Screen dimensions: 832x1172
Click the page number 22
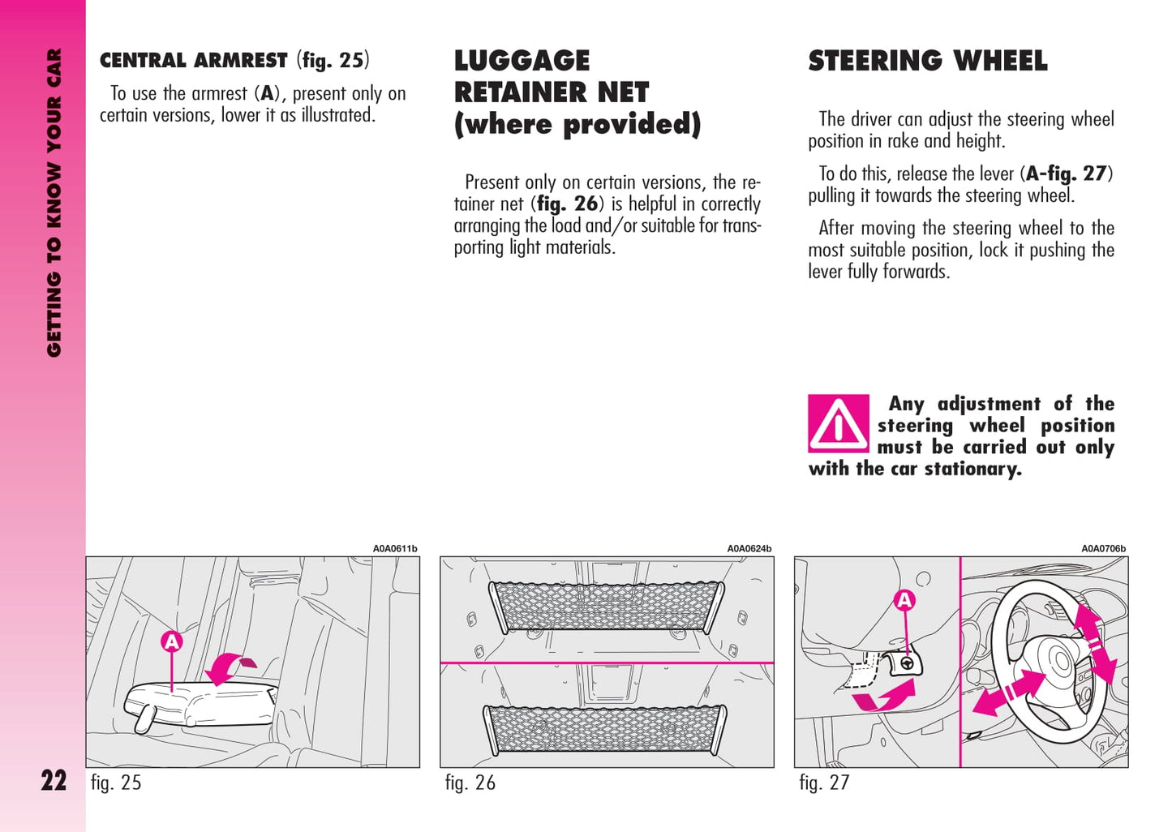point(54,781)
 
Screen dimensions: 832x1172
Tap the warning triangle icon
point(838,423)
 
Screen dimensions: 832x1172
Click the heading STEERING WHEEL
point(927,61)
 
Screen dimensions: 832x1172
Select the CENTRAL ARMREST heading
point(193,61)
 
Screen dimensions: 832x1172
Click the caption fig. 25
point(116,783)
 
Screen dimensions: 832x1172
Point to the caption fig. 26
point(470,783)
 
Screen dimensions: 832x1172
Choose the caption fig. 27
point(824,783)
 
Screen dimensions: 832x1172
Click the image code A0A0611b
point(395,549)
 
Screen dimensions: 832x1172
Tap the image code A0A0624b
point(749,549)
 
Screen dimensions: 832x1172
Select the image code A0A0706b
point(1103,549)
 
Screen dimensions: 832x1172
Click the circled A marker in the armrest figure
point(172,642)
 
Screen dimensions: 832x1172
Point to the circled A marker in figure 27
point(904,601)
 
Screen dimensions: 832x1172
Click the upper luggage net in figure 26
point(606,606)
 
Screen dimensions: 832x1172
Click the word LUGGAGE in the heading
point(522,61)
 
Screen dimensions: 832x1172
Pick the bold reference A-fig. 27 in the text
point(1066,174)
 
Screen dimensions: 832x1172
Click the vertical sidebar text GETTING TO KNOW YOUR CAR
point(54,203)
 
